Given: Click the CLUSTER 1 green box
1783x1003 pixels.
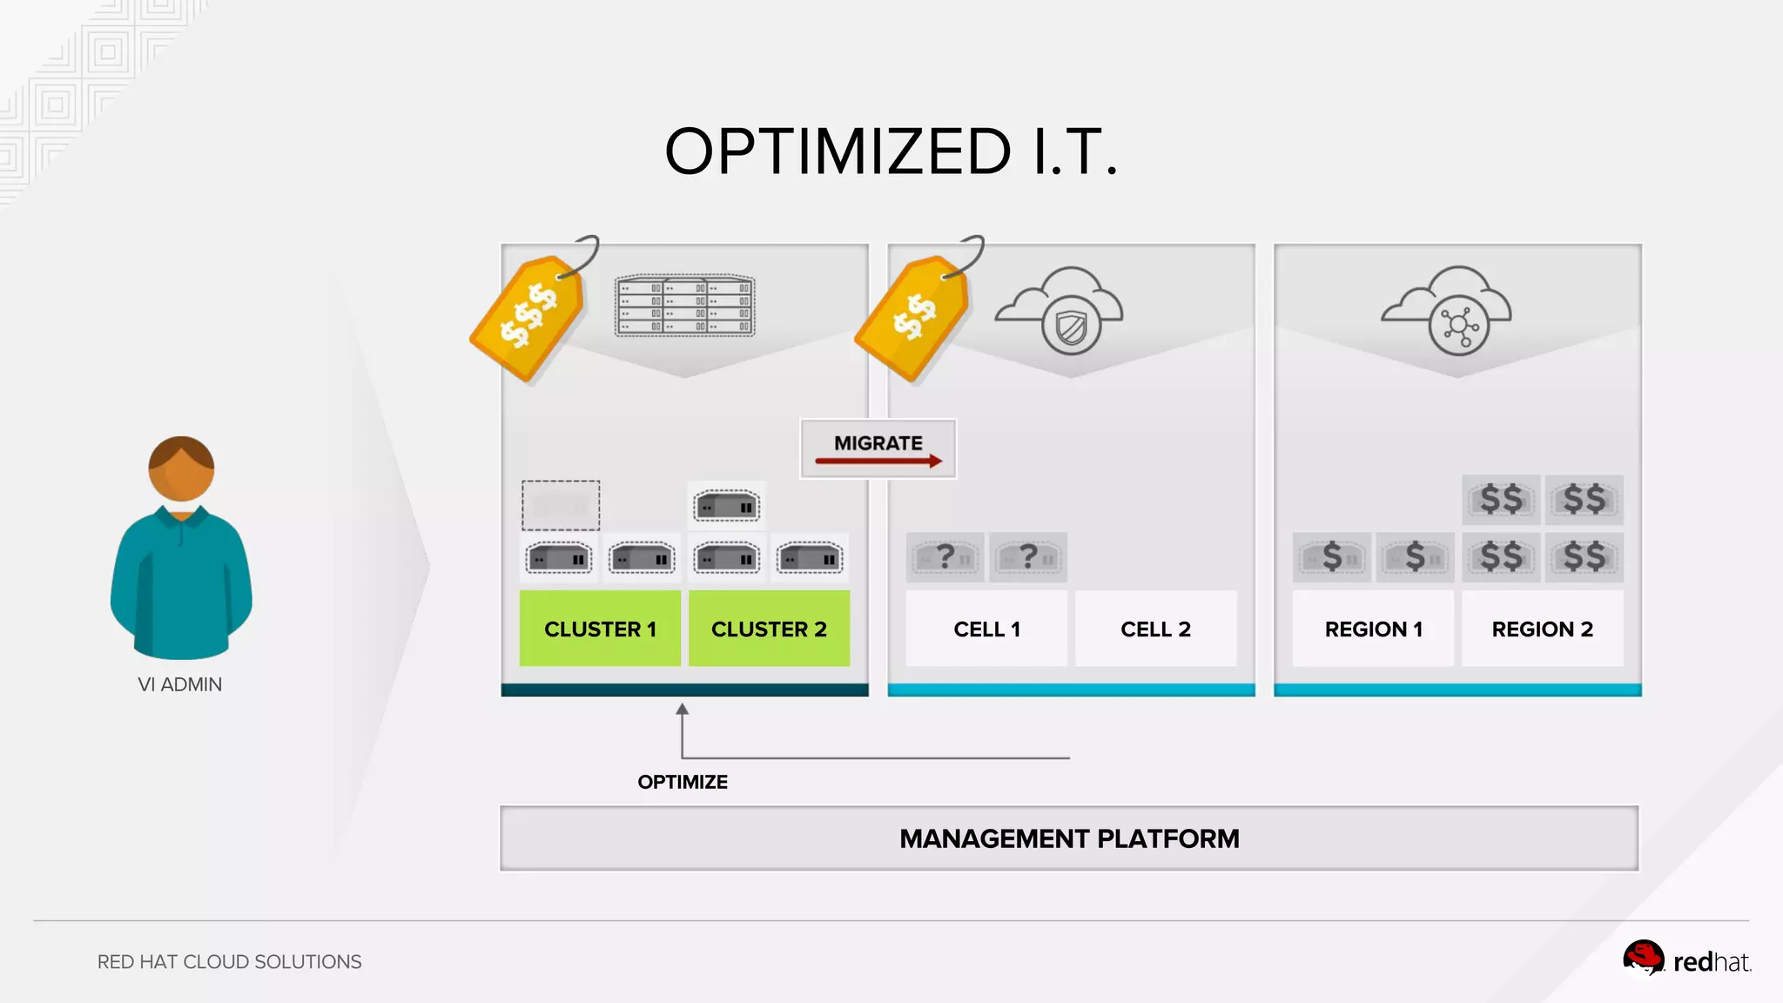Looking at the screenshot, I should tap(600, 629).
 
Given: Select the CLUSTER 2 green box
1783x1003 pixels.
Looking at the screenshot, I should tap(769, 629).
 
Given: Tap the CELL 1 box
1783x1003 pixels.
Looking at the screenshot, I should tap(986, 629).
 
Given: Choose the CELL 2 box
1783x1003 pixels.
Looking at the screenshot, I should tap(1155, 629).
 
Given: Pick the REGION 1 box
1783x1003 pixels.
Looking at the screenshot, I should tap(1373, 629).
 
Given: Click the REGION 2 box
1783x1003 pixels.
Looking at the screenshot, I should tap(1542, 629).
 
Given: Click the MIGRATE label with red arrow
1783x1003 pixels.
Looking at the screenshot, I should tap(878, 448).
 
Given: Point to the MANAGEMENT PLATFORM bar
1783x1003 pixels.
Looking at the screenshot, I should tap(1069, 838).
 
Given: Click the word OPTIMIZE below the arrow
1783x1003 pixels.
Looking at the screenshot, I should tap(683, 782).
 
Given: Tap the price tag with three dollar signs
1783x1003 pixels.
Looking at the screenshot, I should tap(528, 318).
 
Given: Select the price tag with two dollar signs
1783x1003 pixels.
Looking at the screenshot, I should tap(912, 318).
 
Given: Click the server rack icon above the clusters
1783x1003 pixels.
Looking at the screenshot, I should tap(685, 306).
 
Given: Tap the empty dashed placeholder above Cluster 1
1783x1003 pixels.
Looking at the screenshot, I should tap(561, 505).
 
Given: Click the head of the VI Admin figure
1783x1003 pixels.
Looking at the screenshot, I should tap(181, 468).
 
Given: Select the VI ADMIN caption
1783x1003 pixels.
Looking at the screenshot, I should tap(180, 684).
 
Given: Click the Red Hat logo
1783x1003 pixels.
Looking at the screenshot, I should tap(1685, 960).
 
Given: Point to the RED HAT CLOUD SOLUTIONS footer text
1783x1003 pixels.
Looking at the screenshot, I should tap(229, 962).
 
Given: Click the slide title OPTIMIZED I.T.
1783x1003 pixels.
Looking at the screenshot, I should tap(891, 152).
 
